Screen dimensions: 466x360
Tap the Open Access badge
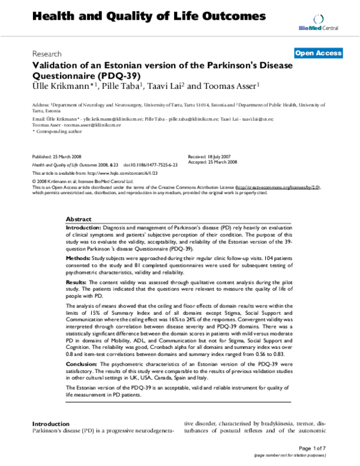pyautogui.click(x=318, y=53)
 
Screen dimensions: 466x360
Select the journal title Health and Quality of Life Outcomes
pyautogui.click(x=140, y=16)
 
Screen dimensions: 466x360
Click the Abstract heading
pyautogui.click(x=79, y=220)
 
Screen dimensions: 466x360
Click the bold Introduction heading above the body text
pyautogui.click(x=55, y=424)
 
